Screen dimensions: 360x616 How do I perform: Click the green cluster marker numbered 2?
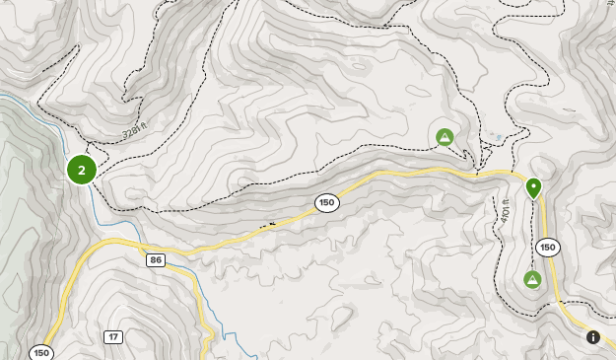[81, 170]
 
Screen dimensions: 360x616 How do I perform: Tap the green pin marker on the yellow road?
[533, 186]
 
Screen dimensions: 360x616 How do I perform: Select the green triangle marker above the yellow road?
[445, 137]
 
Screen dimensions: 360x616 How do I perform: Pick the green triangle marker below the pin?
[532, 280]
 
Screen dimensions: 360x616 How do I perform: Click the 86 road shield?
[156, 259]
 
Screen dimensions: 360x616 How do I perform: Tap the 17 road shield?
[113, 337]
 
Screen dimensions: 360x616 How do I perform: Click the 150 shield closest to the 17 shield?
[40, 352]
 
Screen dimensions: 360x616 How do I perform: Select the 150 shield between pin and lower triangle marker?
[547, 248]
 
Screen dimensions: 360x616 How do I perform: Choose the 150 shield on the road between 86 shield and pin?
[327, 202]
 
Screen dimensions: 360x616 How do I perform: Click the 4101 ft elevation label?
[504, 208]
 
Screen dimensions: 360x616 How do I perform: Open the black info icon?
[593, 337]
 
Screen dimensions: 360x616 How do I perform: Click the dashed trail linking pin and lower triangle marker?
[532, 237]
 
